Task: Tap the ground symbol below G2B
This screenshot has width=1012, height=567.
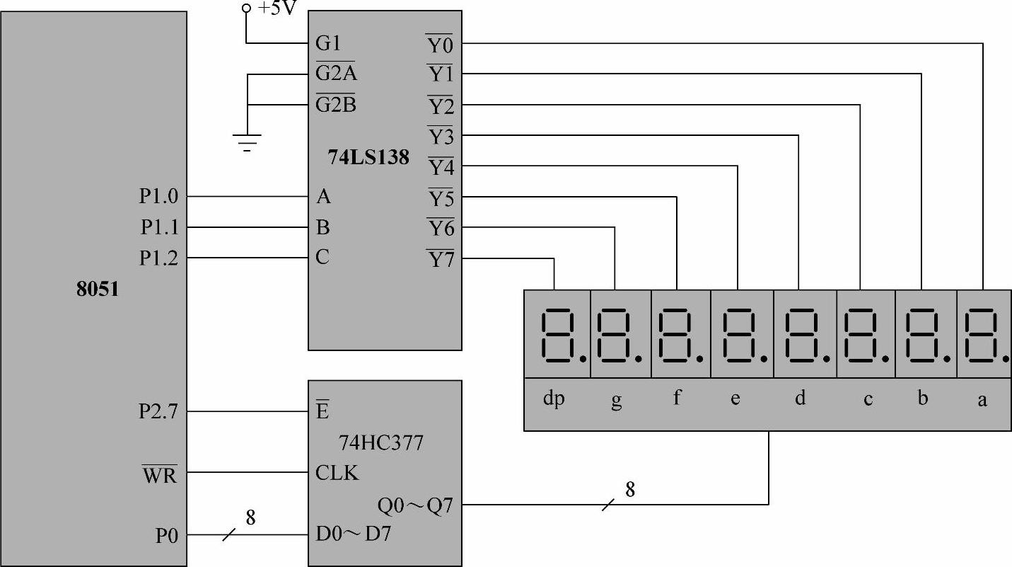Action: pyautogui.click(x=248, y=143)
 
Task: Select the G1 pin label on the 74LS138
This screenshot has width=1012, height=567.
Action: pyautogui.click(x=329, y=43)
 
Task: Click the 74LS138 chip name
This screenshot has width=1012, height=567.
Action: pyautogui.click(x=368, y=157)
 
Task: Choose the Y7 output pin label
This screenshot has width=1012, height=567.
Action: pyautogui.click(x=440, y=260)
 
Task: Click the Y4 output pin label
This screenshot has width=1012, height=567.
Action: pyautogui.click(x=440, y=168)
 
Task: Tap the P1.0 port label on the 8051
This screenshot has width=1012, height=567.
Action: pyautogui.click(x=158, y=197)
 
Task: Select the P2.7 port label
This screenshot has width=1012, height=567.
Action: pyautogui.click(x=158, y=411)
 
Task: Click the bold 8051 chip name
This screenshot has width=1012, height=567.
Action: pyautogui.click(x=97, y=289)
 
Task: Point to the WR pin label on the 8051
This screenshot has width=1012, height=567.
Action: pyautogui.click(x=160, y=476)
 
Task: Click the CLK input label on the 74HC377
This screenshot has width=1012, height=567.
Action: pyautogui.click(x=337, y=472)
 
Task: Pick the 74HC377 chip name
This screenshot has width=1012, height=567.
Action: pyautogui.click(x=381, y=443)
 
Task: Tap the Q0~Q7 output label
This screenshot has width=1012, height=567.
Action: pyautogui.click(x=419, y=505)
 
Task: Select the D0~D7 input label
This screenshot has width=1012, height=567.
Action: pyautogui.click(x=352, y=536)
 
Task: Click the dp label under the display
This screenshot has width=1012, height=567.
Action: pyautogui.click(x=554, y=399)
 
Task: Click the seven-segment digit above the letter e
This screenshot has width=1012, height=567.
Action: pyautogui.click(x=741, y=334)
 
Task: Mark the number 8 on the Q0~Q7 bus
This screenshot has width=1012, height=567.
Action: pyautogui.click(x=629, y=489)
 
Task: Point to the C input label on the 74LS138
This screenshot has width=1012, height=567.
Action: pyautogui.click(x=322, y=257)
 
